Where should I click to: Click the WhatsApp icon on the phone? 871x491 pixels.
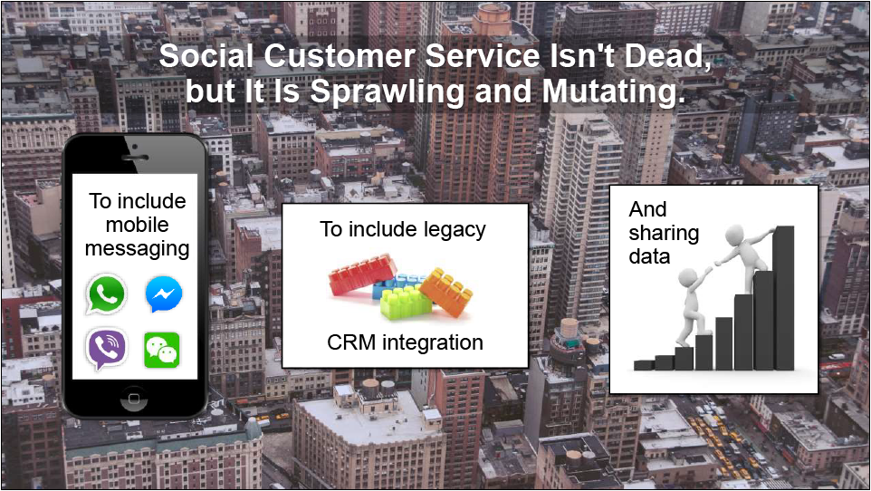click(106, 294)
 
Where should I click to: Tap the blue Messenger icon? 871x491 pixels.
click(164, 294)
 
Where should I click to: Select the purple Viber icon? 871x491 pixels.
click(106, 349)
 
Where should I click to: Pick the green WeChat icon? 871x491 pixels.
click(162, 351)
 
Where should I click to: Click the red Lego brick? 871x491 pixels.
click(363, 274)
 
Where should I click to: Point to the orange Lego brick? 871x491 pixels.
click(446, 293)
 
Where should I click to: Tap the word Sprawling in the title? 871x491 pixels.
click(387, 91)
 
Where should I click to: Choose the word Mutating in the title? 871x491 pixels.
click(613, 91)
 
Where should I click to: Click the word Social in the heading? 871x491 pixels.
click(206, 56)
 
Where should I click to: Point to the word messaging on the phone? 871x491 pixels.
click(138, 248)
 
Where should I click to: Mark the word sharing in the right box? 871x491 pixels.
click(664, 234)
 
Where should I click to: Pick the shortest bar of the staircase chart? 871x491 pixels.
click(644, 365)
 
